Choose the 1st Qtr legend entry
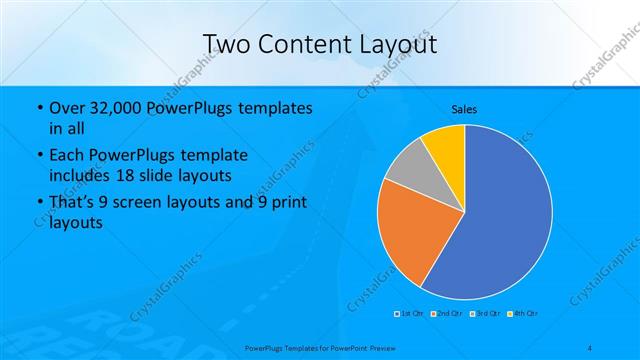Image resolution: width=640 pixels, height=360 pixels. (408, 313)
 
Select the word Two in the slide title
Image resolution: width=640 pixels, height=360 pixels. (226, 44)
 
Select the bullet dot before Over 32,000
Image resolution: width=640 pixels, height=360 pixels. (38, 108)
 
